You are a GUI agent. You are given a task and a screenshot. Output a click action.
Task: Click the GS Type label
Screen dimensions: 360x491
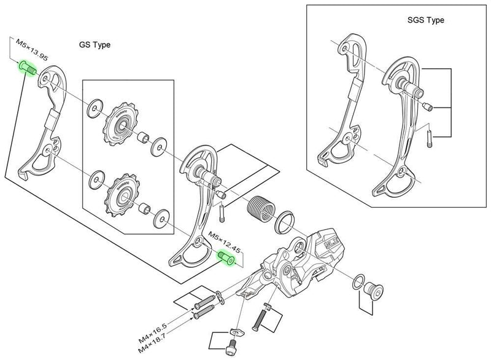point(95,45)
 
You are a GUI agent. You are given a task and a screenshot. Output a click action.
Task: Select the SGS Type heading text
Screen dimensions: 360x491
point(425,20)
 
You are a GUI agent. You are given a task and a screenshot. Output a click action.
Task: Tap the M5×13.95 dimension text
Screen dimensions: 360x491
point(32,50)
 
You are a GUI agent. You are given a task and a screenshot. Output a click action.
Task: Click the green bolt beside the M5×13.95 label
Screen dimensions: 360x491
point(26,67)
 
